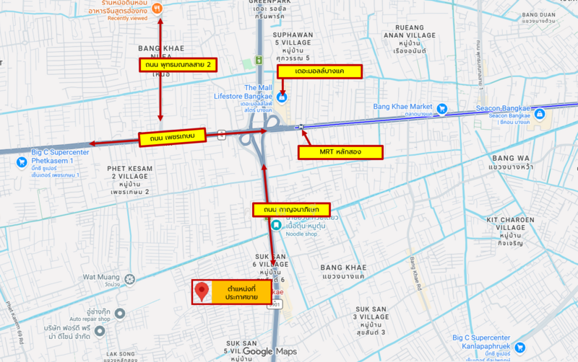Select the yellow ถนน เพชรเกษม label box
[x=172, y=137]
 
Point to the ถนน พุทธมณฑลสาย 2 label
[x=178, y=65]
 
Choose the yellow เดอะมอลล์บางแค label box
[x=319, y=73]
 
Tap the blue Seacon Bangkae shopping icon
[x=538, y=112]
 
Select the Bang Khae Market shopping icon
[x=441, y=109]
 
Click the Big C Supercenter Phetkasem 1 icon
[x=21, y=161]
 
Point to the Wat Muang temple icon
[x=129, y=278]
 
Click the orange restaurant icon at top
[x=158, y=9]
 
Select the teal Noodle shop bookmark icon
[x=276, y=225]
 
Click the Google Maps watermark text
[x=269, y=352]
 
